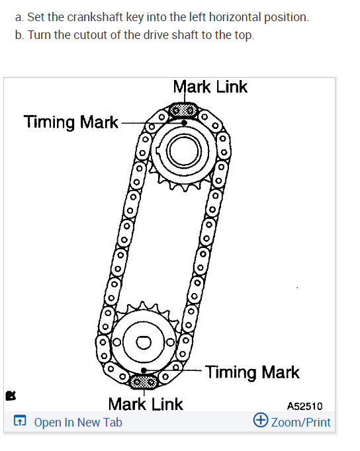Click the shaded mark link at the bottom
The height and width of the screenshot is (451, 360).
click(x=144, y=382)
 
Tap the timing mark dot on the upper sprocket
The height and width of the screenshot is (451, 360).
click(x=185, y=123)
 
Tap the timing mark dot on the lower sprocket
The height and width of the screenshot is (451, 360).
click(x=144, y=370)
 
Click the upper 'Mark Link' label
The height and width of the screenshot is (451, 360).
click(x=210, y=87)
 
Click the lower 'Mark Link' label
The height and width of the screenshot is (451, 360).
click(x=146, y=404)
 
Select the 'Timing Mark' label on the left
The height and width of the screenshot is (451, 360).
click(x=71, y=122)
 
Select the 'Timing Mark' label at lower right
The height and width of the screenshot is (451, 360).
click(x=252, y=372)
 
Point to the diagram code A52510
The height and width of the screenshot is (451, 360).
click(x=305, y=406)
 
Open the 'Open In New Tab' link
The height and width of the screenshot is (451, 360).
click(x=78, y=423)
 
